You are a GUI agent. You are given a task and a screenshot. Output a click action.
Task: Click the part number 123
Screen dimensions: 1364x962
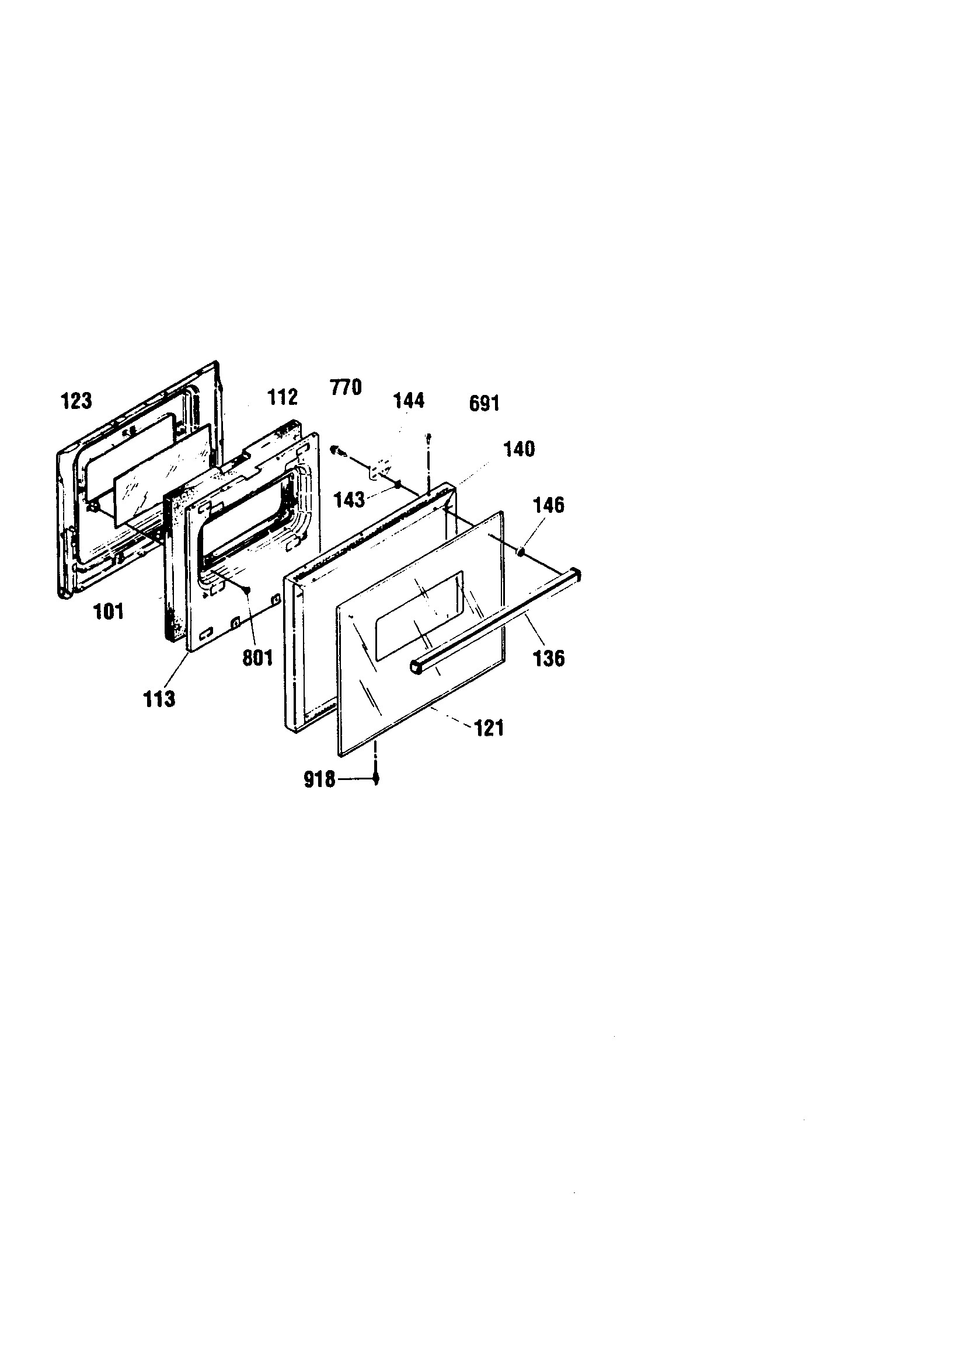coord(76,401)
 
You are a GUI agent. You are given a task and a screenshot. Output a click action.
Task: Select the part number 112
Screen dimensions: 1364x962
coord(283,397)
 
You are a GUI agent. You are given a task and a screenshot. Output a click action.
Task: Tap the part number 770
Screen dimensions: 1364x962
coord(346,387)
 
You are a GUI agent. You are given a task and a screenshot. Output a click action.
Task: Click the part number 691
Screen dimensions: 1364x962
coord(485,404)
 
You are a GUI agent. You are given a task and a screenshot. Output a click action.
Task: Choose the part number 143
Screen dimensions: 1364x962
coord(349,499)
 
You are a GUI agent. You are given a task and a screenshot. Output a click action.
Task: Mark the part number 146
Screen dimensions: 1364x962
coord(549,505)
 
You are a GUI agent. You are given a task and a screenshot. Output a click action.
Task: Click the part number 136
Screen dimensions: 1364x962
coord(549,658)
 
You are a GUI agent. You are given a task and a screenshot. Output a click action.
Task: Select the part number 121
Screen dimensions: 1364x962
coord(489,728)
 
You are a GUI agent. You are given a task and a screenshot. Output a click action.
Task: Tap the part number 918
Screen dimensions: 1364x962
coord(320,779)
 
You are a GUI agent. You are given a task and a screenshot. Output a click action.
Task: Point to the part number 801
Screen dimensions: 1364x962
coord(257,657)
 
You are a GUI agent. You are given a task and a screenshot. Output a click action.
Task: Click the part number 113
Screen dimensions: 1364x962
coord(159,700)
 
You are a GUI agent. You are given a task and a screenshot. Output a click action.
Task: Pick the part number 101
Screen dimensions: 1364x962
coord(109,611)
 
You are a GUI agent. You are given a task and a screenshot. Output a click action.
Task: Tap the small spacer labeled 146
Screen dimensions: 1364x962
coord(520,552)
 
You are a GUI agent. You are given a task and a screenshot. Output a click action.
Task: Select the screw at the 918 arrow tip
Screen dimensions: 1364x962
coord(376,780)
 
